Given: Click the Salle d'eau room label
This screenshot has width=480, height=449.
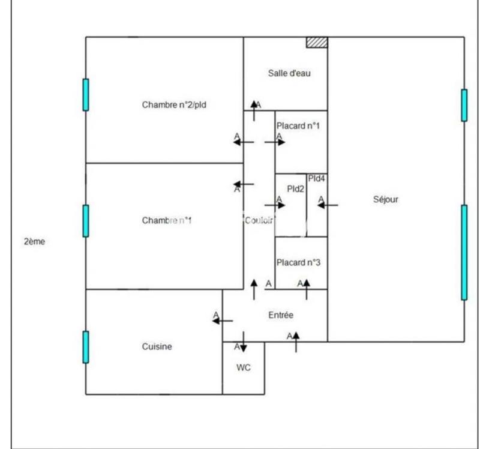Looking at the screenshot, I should (x=289, y=74).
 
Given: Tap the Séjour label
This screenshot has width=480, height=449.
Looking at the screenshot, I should (x=386, y=200).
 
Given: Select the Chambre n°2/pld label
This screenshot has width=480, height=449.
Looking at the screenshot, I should (x=175, y=104).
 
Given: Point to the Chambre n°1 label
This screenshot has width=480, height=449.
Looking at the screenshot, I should (x=167, y=220).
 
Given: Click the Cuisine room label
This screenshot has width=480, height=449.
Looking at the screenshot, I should (x=157, y=346).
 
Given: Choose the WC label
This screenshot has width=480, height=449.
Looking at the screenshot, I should (x=243, y=367).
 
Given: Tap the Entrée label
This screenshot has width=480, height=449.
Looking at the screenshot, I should (x=280, y=314).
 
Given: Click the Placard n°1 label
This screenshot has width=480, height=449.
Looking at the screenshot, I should (x=298, y=127).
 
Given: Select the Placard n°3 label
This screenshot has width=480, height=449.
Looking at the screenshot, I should (x=298, y=262).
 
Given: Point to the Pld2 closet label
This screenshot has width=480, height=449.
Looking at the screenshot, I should (x=295, y=188).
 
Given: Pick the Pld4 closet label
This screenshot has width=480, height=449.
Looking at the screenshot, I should (x=316, y=178).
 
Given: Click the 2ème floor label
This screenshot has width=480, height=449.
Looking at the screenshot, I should (x=34, y=242).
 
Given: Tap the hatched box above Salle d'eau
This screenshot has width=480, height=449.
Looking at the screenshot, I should (x=317, y=42).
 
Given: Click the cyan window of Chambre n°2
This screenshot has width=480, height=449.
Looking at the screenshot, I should (x=86, y=95).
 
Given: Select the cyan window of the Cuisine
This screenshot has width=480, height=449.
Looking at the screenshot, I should (x=86, y=346).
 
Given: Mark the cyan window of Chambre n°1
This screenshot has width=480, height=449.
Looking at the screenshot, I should (x=86, y=220).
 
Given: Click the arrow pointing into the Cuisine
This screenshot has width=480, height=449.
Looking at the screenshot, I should (x=223, y=321).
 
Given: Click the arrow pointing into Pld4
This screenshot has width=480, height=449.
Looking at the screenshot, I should (x=328, y=205).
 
